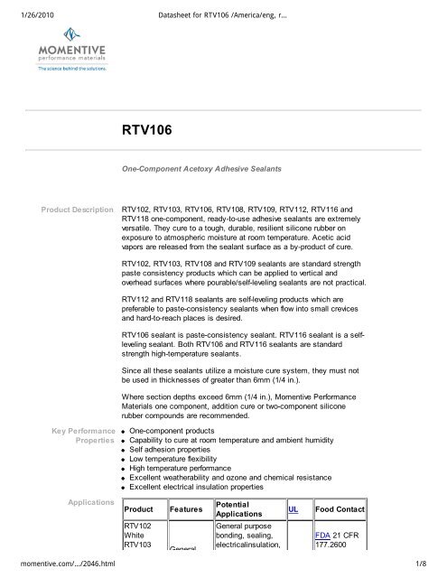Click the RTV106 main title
pos(147,131)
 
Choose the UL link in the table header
pos(293,509)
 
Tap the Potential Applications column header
pos(247,509)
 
